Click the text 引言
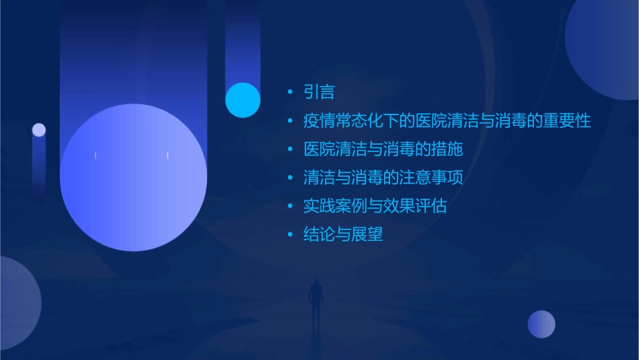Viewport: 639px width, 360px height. (x=319, y=92)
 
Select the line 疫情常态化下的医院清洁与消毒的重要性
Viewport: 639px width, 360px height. (x=447, y=121)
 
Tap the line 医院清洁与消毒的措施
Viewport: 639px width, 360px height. (x=383, y=149)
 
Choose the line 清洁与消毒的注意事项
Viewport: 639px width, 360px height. (x=383, y=178)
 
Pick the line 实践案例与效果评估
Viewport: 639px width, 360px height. (x=375, y=206)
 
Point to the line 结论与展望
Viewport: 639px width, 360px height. (x=343, y=234)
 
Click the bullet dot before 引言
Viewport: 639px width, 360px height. (x=290, y=92)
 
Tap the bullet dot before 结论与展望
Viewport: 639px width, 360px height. (x=290, y=235)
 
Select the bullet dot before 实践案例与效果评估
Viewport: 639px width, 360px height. (x=290, y=207)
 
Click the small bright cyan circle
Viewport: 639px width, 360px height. (x=243, y=100)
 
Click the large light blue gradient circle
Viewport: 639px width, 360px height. (x=133, y=178)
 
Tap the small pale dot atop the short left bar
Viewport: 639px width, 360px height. (x=39, y=130)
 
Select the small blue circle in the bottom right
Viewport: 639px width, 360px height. (x=541, y=324)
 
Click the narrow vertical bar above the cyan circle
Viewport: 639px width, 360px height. (x=243, y=44)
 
